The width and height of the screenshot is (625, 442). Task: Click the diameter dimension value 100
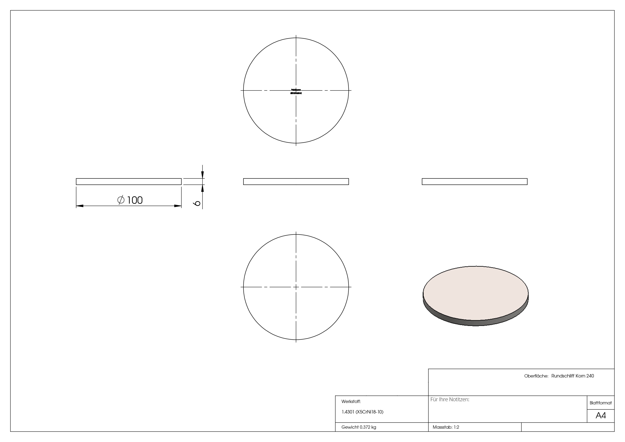pos(135,200)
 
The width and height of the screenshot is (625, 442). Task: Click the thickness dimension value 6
pos(198,203)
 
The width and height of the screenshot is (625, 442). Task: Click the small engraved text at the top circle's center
pos(296,91)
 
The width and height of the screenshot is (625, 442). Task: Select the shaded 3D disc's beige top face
pos(475,293)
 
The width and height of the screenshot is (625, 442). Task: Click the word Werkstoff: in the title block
pos(351,401)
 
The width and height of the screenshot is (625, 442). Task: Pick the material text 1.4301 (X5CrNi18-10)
pos(362,412)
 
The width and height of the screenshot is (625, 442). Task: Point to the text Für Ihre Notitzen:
pos(450,400)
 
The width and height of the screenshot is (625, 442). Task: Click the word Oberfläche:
pos(536,376)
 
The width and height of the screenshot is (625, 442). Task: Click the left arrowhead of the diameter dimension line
pos(79,206)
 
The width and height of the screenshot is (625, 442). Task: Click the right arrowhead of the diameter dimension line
pos(178,206)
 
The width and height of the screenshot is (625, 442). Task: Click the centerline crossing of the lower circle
pos(296,287)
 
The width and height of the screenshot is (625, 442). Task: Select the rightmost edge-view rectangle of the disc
pos(474,182)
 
